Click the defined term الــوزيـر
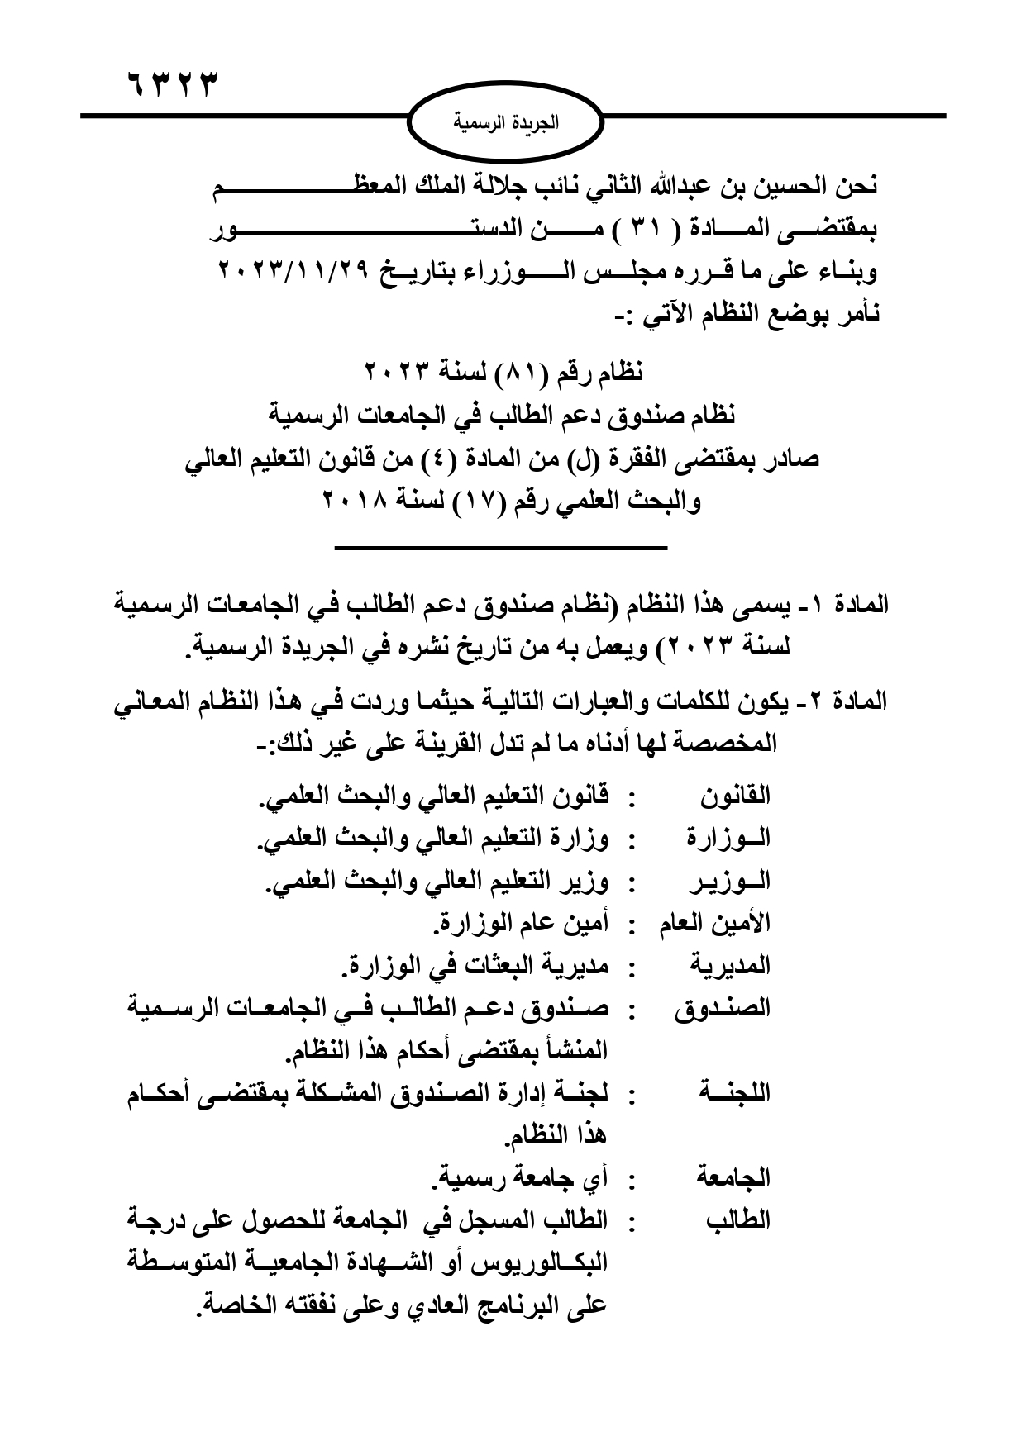[728, 881]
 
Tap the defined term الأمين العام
[715, 923]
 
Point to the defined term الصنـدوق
[723, 1008]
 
